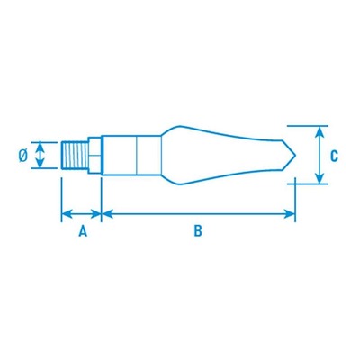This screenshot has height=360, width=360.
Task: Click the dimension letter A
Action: pyautogui.click(x=83, y=231)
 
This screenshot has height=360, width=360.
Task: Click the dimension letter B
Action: pyautogui.click(x=198, y=231)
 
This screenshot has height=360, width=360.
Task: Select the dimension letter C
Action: pyautogui.click(x=334, y=156)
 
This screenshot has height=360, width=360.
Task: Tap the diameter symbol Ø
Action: pyautogui.click(x=23, y=156)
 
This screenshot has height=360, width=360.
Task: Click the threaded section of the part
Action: pyautogui.click(x=75, y=156)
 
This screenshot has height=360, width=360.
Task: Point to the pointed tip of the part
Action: pyautogui.click(x=296, y=156)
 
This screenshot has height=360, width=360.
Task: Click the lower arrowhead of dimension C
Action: pyautogui.click(x=320, y=178)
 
